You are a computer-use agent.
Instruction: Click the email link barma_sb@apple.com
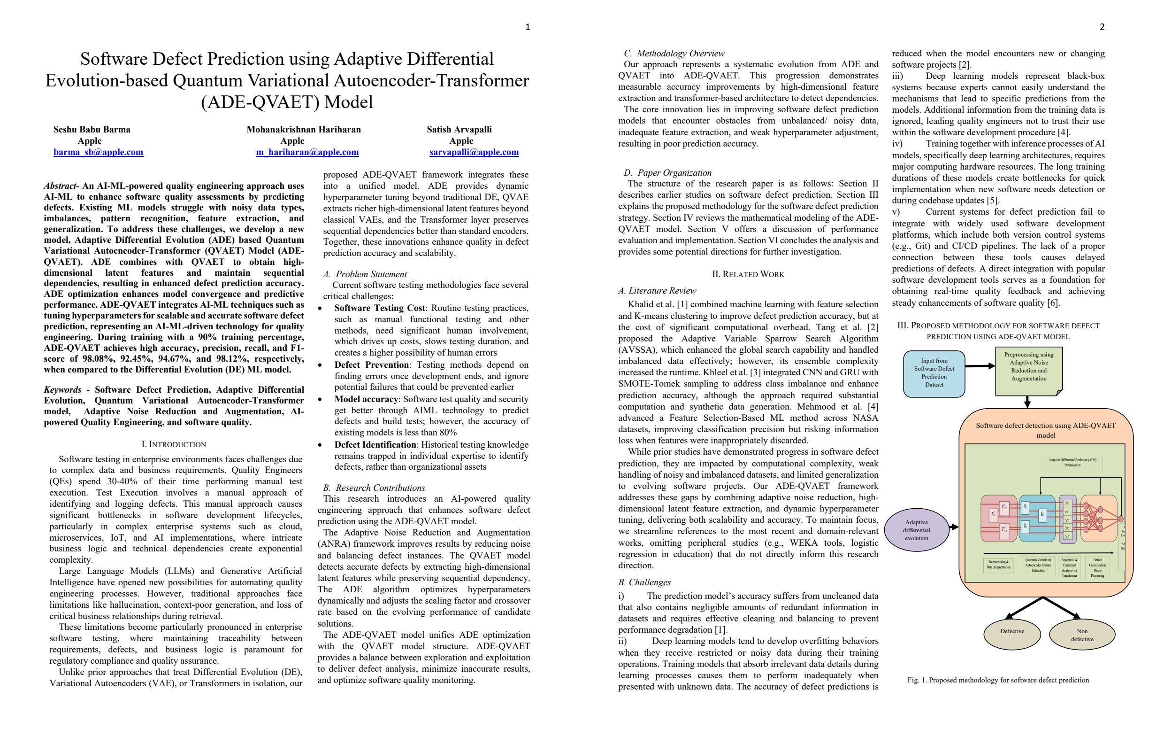(x=98, y=152)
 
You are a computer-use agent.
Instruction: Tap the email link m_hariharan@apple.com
(x=307, y=152)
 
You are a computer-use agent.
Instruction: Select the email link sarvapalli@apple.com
(x=474, y=152)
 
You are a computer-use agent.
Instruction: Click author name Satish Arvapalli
(x=459, y=130)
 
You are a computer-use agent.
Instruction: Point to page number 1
(x=527, y=27)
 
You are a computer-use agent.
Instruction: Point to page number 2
(x=1102, y=27)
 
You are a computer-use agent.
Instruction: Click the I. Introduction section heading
(x=173, y=444)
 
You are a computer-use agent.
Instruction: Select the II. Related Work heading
(x=748, y=274)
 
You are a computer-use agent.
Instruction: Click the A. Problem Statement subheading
(x=365, y=274)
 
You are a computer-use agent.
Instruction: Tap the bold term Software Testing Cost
(x=379, y=308)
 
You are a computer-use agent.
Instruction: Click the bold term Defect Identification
(x=375, y=445)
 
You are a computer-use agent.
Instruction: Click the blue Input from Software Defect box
(x=934, y=373)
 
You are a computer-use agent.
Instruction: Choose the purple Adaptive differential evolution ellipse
(x=916, y=530)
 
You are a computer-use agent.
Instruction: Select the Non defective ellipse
(x=1082, y=635)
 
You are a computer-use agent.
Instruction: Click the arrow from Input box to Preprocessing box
(x=980, y=366)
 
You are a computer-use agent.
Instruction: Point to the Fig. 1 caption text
(x=998, y=680)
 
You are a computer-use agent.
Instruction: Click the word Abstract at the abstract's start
(x=61, y=186)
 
